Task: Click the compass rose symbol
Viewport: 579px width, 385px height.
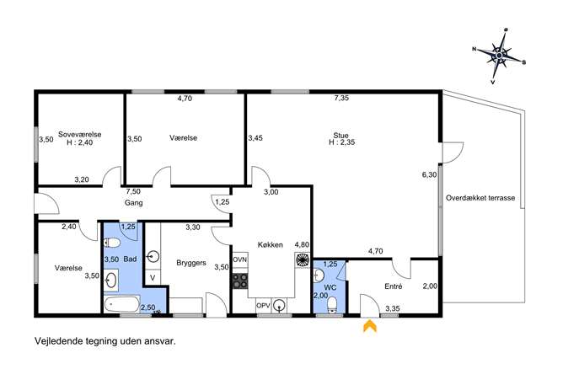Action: point(499,56)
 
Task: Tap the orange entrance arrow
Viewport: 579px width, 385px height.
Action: point(370,326)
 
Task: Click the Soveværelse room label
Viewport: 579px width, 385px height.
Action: point(80,134)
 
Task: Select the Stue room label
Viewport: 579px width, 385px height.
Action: point(340,135)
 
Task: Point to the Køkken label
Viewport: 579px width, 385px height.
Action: point(271,244)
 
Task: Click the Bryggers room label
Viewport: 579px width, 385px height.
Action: point(191,263)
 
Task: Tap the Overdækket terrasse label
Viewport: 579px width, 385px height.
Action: point(480,197)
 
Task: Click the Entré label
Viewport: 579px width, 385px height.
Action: point(394,286)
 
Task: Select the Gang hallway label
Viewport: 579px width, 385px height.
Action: point(133,203)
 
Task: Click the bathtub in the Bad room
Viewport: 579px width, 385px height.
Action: point(121,305)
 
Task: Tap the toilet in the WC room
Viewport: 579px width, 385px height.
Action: point(332,304)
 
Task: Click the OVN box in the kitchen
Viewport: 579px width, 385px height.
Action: point(239,259)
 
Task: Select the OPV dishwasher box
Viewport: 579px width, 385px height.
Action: point(264,305)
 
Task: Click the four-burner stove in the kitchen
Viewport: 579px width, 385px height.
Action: point(240,281)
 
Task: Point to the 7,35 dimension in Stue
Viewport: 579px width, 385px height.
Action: point(341,98)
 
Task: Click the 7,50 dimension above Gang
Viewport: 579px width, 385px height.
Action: point(133,191)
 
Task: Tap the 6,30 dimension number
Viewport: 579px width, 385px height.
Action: point(429,174)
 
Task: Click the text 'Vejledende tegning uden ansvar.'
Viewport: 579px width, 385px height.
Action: point(105,341)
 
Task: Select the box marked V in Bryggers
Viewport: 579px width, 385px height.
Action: point(153,277)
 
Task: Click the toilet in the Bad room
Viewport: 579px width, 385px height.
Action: point(112,243)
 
